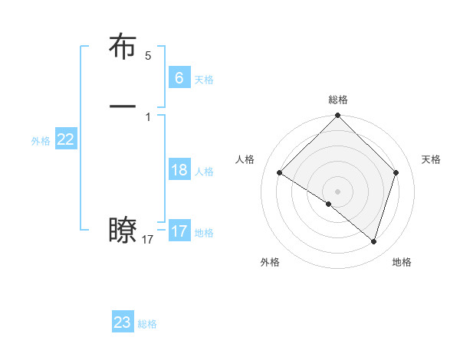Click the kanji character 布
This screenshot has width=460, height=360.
tap(123, 48)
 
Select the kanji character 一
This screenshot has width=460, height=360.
tap(123, 106)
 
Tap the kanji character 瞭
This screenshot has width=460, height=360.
tap(123, 231)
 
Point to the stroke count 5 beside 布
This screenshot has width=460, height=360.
tap(148, 56)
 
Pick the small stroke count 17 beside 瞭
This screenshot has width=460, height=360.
tap(148, 240)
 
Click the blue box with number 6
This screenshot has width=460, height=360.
tap(179, 77)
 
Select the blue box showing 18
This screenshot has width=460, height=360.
tap(179, 170)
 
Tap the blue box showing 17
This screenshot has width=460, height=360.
tap(179, 231)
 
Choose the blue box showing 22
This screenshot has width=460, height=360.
tap(66, 139)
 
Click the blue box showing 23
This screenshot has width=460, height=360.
tap(123, 322)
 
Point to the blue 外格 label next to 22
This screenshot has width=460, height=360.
tap(41, 141)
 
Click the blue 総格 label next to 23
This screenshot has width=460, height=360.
tap(147, 324)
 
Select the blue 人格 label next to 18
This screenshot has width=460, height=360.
tap(204, 172)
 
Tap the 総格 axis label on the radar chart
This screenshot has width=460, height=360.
tap(338, 100)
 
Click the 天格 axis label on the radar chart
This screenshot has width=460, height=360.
tap(432, 159)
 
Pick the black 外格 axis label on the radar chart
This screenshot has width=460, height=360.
tap(270, 262)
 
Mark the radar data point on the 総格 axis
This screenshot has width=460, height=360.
tap(338, 116)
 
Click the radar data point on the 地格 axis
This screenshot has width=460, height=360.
tap(374, 241)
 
